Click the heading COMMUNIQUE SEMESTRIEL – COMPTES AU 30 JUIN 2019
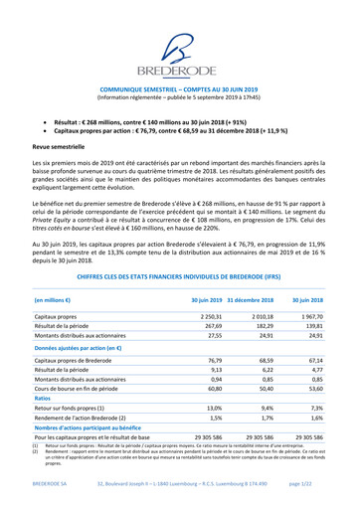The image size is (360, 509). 180,87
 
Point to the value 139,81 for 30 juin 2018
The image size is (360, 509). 311,298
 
